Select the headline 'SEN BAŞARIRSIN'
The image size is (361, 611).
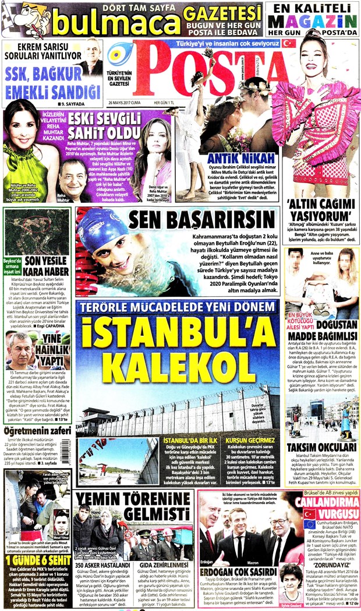[x=197, y=220]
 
